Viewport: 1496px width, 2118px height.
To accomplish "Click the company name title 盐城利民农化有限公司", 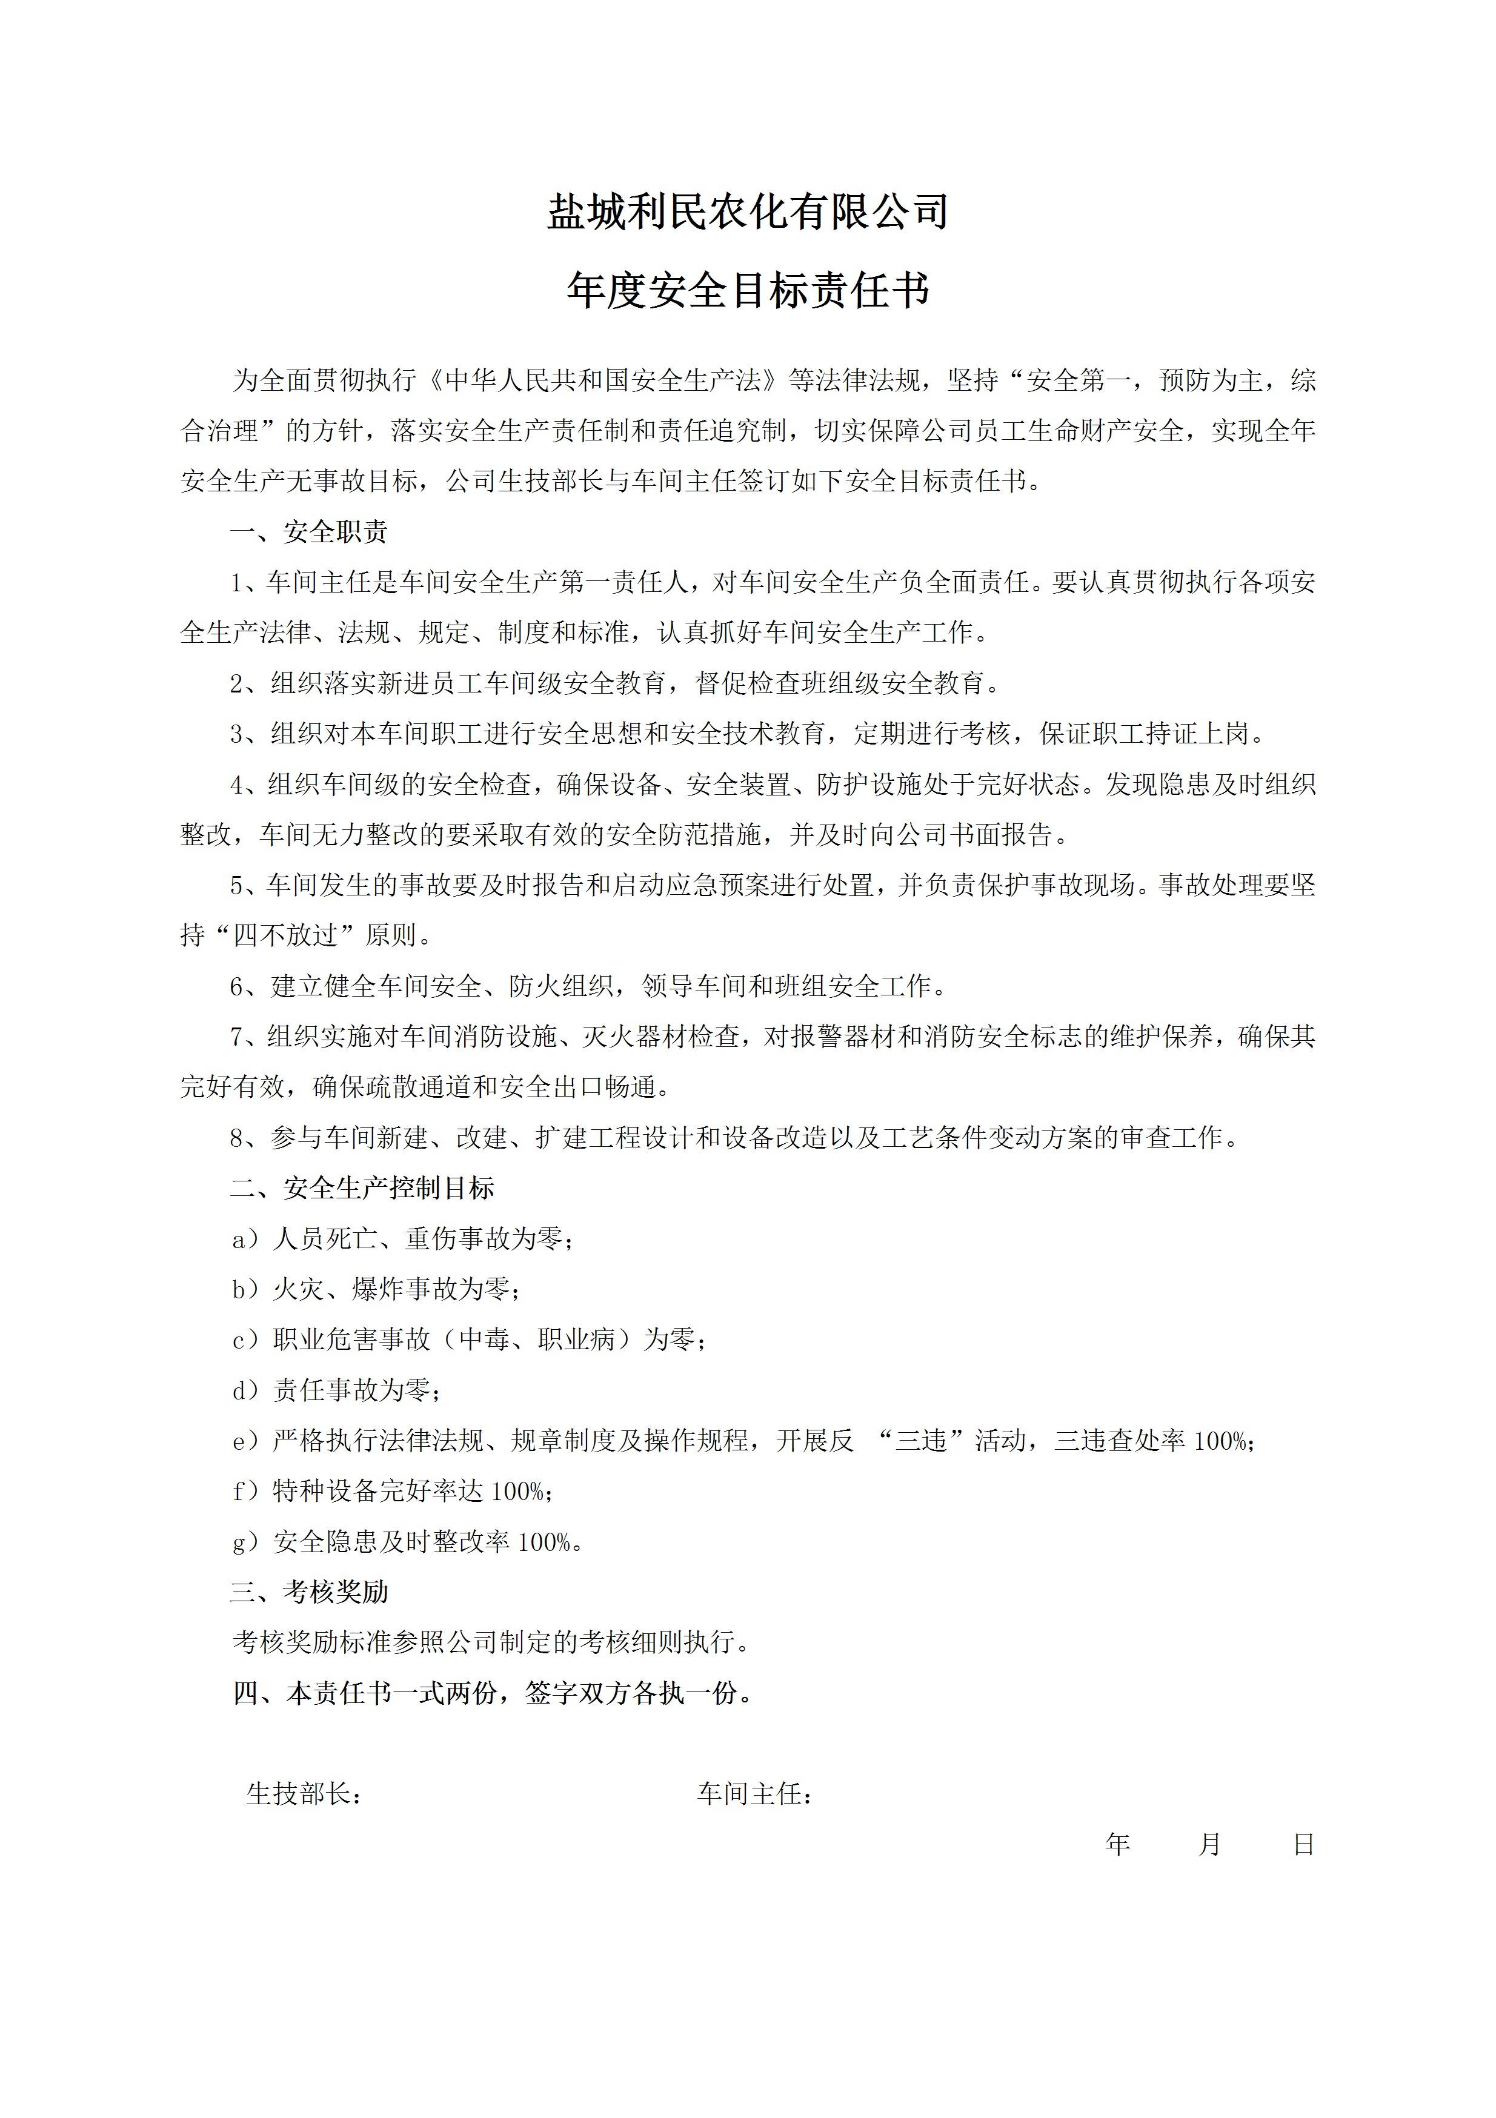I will click(x=748, y=212).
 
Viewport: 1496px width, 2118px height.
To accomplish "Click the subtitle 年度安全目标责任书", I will click(x=748, y=291).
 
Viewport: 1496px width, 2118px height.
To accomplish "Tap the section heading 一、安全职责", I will click(x=309, y=533).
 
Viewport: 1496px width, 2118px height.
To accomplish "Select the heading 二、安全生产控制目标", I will click(x=362, y=1188).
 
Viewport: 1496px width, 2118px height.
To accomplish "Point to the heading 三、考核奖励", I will click(x=309, y=1592).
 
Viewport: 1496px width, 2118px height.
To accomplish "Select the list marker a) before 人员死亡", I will click(x=245, y=1239).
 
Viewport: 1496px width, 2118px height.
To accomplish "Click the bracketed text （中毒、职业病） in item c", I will click(x=537, y=1340).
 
